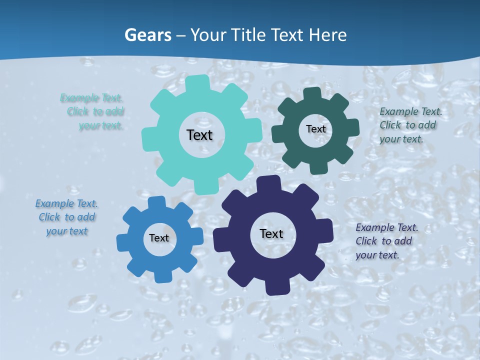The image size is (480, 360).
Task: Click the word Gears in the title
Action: click(147, 35)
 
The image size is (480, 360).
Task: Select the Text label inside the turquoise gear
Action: click(199, 135)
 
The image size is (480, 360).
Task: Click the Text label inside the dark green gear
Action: click(315, 129)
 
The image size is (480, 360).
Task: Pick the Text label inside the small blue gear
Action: click(159, 238)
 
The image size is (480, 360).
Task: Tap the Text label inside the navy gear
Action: click(271, 233)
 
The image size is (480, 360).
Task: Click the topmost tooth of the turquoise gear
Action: click(197, 82)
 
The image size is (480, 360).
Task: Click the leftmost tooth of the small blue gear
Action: click(122, 243)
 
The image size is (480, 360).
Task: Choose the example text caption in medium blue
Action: click(66, 217)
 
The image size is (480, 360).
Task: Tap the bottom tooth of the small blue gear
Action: click(162, 276)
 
